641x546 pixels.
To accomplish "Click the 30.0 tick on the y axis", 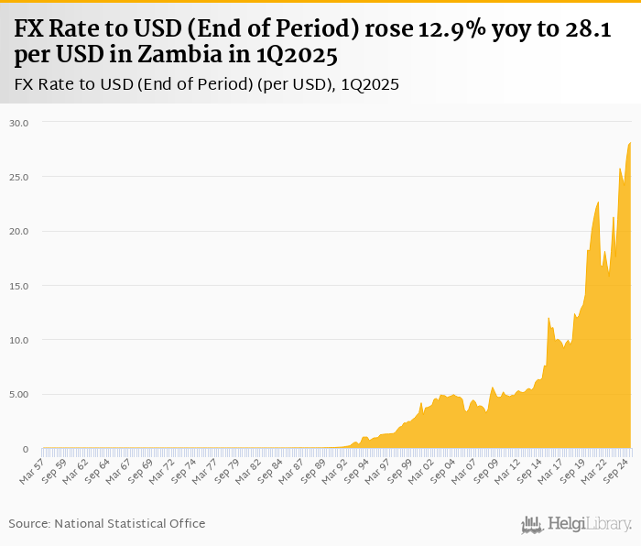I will [19, 122].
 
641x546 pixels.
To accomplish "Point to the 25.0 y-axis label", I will [19, 177].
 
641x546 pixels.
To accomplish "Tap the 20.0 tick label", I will [19, 231].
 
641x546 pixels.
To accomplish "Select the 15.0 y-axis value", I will [19, 286].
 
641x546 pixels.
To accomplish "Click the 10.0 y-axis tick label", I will [19, 340].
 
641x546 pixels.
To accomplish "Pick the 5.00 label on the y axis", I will [19, 395].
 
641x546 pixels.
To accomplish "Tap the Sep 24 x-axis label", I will [614, 469].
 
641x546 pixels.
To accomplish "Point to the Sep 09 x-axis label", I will [487, 469].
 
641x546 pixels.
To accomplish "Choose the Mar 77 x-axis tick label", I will [215, 469].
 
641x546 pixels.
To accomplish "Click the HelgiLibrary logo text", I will [590, 525].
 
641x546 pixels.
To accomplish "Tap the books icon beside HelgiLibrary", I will [532, 525].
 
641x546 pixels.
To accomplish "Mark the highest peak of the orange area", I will [630, 143].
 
